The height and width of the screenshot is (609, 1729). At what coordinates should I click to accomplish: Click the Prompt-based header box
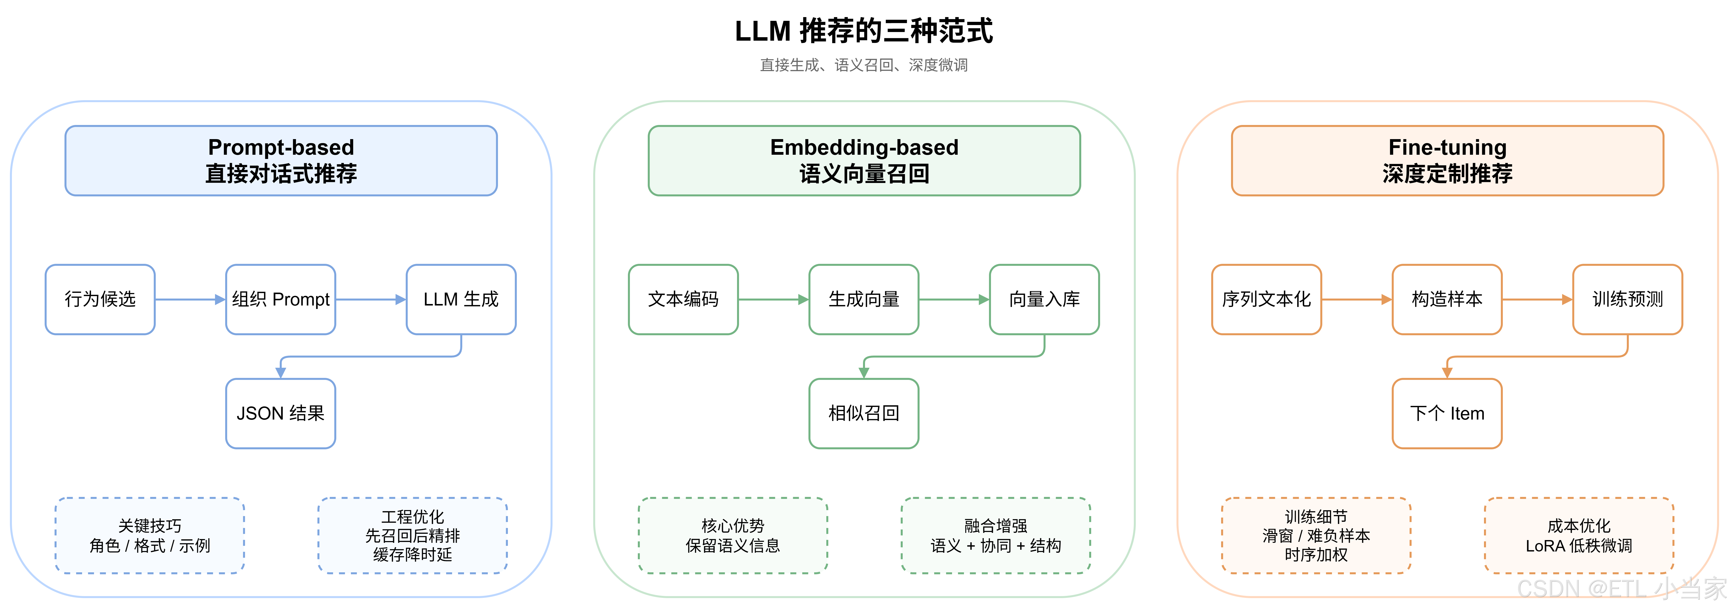280,160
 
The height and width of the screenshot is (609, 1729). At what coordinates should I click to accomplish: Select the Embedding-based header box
864,160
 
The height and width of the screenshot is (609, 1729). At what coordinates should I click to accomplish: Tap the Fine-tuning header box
1447,160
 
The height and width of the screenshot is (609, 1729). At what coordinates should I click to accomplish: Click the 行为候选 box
100,300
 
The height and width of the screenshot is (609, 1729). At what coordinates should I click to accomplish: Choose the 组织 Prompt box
280,300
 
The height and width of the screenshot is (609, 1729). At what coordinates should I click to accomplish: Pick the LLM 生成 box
461,300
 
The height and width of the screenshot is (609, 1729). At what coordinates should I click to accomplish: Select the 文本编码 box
683,300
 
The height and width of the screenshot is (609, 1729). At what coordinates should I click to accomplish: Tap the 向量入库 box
1044,300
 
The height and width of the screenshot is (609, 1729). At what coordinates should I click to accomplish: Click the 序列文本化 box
1266,300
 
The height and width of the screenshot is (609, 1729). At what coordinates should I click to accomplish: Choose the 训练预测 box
1628,300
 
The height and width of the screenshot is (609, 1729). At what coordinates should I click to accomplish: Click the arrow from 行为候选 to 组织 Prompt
190,300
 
